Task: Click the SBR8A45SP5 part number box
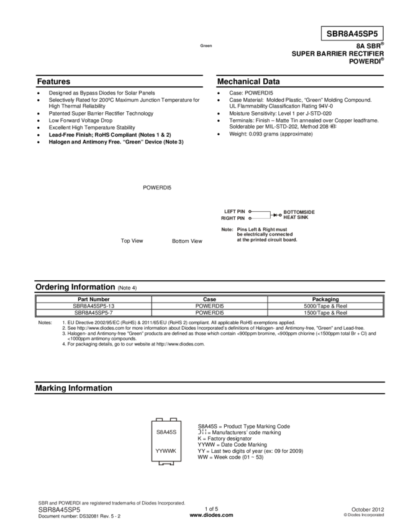[352, 34]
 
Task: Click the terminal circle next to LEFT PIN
[250, 212]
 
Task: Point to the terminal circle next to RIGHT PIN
[250, 218]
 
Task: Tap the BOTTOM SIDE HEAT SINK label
[299, 215]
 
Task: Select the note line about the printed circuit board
[266, 240]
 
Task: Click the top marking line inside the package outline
[166, 432]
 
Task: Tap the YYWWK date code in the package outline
[166, 450]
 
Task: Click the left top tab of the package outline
[158, 418]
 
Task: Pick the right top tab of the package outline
[175, 418]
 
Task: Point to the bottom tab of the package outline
[166, 463]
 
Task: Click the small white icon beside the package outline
[202, 431]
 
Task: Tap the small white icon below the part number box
[332, 126]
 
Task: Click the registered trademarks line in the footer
[112, 503]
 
